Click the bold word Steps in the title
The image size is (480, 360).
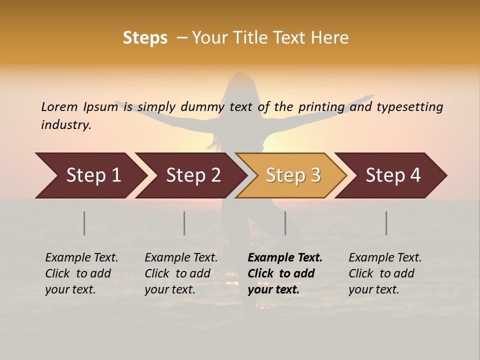tap(145, 38)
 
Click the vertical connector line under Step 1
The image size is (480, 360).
tap(84, 223)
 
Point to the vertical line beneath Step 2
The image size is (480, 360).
tap(184, 223)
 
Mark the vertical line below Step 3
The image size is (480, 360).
tap(285, 223)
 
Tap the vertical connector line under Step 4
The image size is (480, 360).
tap(386, 223)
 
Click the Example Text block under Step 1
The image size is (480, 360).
tap(81, 273)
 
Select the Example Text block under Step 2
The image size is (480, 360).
tap(181, 273)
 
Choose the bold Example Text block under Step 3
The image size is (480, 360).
tap(285, 273)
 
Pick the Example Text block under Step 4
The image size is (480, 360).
tap(385, 273)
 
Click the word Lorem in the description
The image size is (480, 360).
tap(59, 107)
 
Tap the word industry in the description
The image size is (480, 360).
tap(66, 125)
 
